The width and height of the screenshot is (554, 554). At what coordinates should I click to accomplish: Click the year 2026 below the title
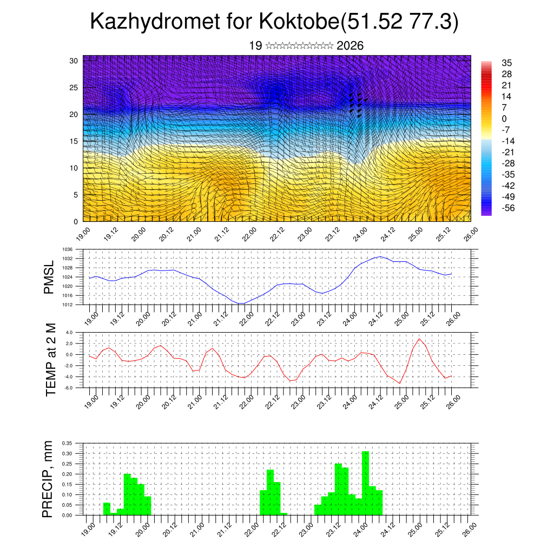350,46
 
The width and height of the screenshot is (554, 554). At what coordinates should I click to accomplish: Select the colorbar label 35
507,63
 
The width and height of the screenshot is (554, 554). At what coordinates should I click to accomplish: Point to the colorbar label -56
509,208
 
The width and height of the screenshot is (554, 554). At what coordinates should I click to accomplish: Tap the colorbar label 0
504,118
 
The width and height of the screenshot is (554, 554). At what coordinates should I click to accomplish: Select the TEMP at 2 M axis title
51,359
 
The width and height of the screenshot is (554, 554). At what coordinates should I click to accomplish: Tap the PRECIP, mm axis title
49,479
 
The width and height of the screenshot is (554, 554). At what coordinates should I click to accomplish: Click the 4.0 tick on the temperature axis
69,332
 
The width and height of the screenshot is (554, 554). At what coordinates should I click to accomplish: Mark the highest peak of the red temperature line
419,339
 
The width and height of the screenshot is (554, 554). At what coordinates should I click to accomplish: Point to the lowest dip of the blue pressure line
240,304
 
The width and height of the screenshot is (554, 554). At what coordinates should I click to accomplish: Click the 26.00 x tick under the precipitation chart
468,527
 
